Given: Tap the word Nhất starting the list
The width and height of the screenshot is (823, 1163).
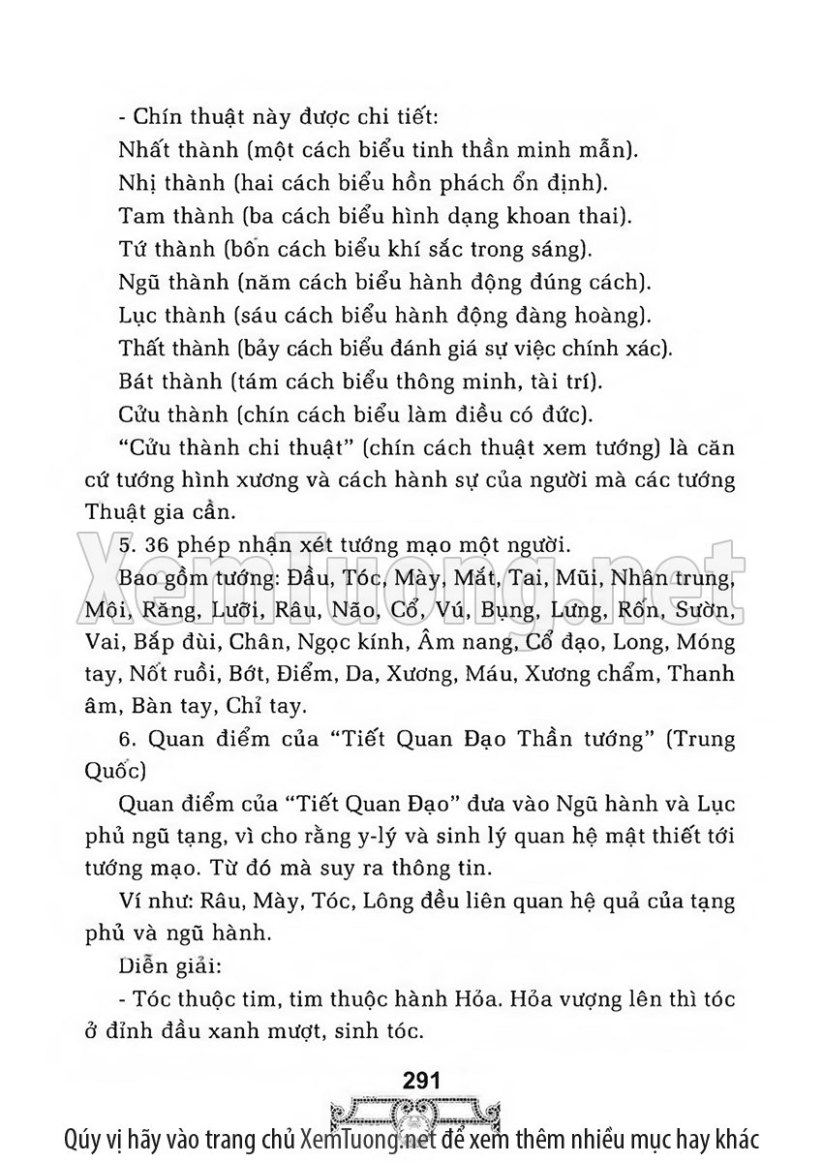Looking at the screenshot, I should coord(142,150).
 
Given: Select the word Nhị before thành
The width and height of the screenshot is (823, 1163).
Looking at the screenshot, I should coord(138,182).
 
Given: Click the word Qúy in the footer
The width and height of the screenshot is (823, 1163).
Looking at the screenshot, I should coord(86,1139).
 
